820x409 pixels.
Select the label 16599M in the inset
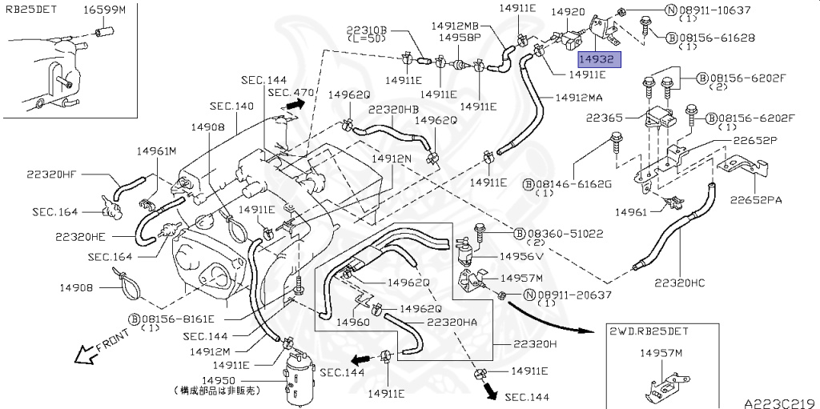point(104,10)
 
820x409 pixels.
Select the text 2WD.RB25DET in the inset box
point(649,331)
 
